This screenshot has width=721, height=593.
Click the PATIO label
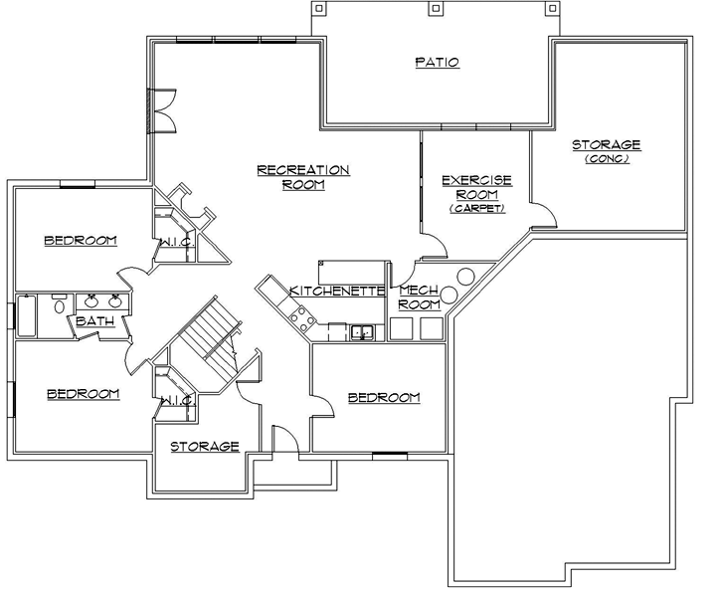tap(437, 63)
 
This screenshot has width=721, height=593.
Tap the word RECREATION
tap(303, 170)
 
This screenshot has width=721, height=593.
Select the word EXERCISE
tap(476, 180)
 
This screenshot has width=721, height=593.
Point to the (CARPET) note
tap(476, 209)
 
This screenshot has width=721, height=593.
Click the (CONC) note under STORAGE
tap(606, 159)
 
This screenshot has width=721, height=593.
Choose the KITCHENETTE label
tap(337, 291)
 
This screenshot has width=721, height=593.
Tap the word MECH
tap(413, 291)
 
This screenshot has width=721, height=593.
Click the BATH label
tap(94, 321)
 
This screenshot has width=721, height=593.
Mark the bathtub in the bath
tap(27, 315)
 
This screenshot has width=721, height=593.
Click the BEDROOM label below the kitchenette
tap(384, 398)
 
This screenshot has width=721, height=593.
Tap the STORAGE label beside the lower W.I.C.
tap(204, 447)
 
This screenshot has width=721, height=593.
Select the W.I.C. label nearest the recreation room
tap(175, 242)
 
